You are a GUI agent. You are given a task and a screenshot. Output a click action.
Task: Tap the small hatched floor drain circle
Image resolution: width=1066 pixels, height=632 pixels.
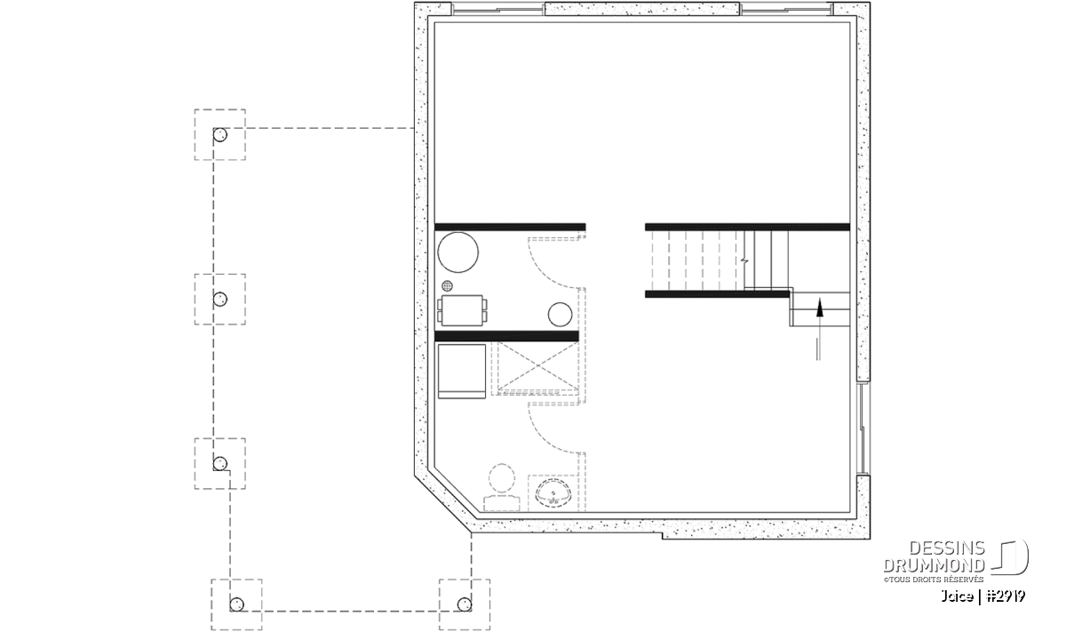(x=447, y=285)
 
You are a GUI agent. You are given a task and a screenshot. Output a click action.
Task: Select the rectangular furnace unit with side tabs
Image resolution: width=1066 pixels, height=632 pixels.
(x=462, y=310)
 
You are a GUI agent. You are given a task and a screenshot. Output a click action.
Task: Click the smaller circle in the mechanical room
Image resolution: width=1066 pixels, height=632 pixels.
(x=560, y=315)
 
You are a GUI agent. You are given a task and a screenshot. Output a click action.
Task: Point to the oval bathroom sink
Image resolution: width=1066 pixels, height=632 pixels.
(x=553, y=493)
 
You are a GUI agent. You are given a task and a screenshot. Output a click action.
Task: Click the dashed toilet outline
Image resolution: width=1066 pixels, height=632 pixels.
(x=502, y=487)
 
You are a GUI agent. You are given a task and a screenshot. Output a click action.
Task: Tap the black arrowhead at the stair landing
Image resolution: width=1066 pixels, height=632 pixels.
(x=819, y=308)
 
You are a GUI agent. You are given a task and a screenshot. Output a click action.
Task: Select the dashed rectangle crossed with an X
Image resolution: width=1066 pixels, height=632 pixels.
(x=537, y=365)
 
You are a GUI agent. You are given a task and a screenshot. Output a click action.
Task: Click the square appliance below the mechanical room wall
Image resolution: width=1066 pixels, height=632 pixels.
(x=462, y=372)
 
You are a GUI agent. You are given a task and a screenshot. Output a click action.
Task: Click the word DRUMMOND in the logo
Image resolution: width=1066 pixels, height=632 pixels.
(x=934, y=565)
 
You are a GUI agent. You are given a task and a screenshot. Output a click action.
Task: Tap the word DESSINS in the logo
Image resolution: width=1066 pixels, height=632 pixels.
(x=947, y=548)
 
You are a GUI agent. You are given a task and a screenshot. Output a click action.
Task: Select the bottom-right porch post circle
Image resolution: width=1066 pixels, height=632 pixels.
(x=465, y=604)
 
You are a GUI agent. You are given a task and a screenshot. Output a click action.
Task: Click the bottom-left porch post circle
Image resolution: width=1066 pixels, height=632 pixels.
(x=236, y=604)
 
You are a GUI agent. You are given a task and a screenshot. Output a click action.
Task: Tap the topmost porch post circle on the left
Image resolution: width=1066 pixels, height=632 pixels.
(x=220, y=135)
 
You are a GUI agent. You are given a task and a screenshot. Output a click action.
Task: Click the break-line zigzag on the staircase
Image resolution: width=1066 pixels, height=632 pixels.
(x=744, y=261)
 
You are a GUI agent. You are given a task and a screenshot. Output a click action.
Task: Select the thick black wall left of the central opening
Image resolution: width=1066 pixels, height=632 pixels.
(x=510, y=228)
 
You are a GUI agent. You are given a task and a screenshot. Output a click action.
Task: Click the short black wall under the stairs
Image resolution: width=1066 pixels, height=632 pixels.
(x=717, y=294)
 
